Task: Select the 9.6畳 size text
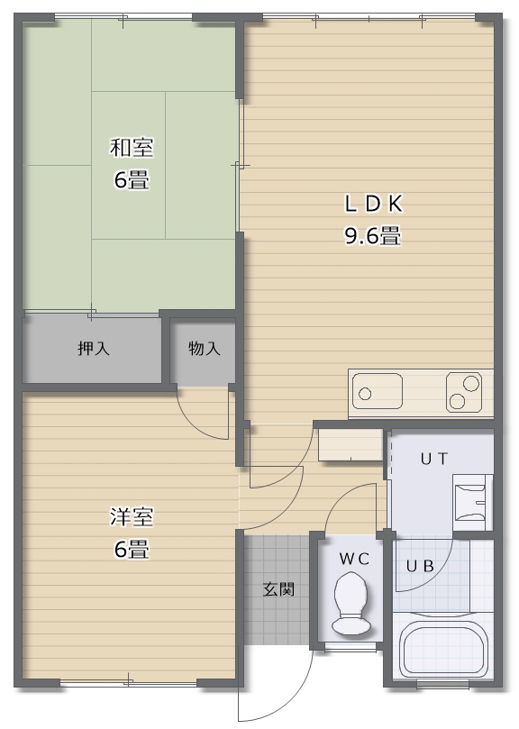click(x=371, y=237)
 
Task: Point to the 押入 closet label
click(x=93, y=349)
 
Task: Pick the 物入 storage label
click(x=204, y=349)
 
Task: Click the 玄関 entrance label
click(x=279, y=590)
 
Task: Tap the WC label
click(x=354, y=559)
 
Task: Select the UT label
click(x=434, y=459)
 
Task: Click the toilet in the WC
click(x=351, y=602)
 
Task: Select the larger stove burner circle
click(x=471, y=383)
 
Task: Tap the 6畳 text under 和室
click(x=131, y=180)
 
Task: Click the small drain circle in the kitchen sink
click(x=365, y=394)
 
